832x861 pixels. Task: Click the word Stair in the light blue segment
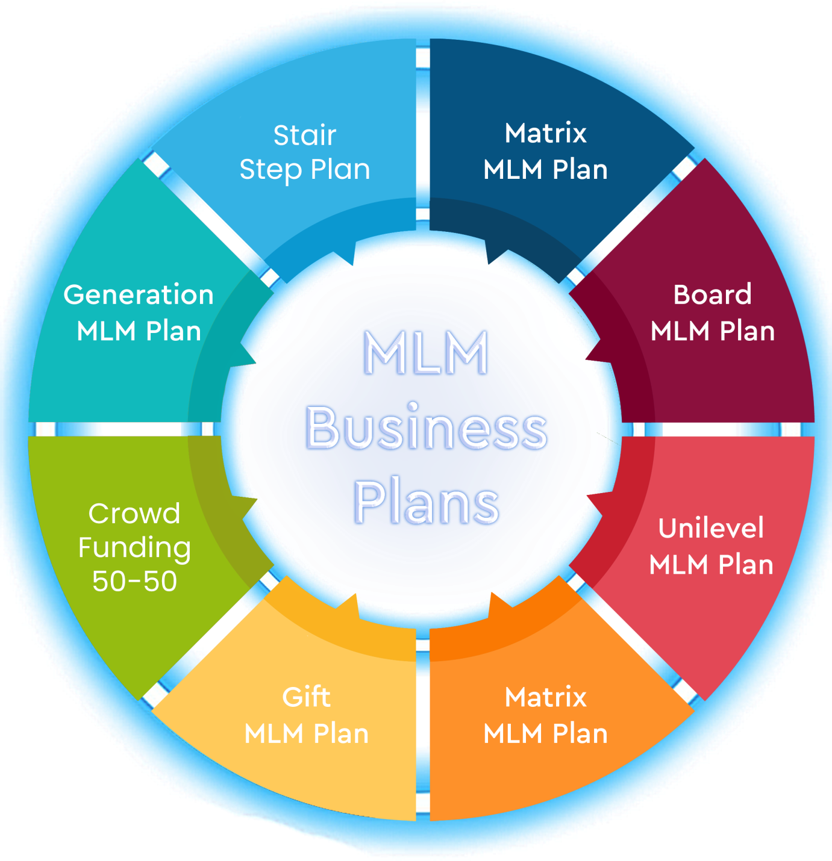point(305,135)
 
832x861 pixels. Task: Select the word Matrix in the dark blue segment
point(545,132)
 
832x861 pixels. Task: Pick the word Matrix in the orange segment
point(545,697)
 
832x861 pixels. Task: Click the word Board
point(713,294)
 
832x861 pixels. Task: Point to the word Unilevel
point(711,527)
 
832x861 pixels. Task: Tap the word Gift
point(307,697)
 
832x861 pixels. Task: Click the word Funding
point(134,549)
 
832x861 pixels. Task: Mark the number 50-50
point(134,581)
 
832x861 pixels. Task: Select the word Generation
point(139,294)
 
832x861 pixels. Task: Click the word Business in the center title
point(426,428)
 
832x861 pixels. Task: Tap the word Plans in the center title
point(426,502)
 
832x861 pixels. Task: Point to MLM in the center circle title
point(426,353)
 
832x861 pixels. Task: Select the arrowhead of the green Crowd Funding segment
point(246,508)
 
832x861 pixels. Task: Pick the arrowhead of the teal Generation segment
point(245,354)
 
